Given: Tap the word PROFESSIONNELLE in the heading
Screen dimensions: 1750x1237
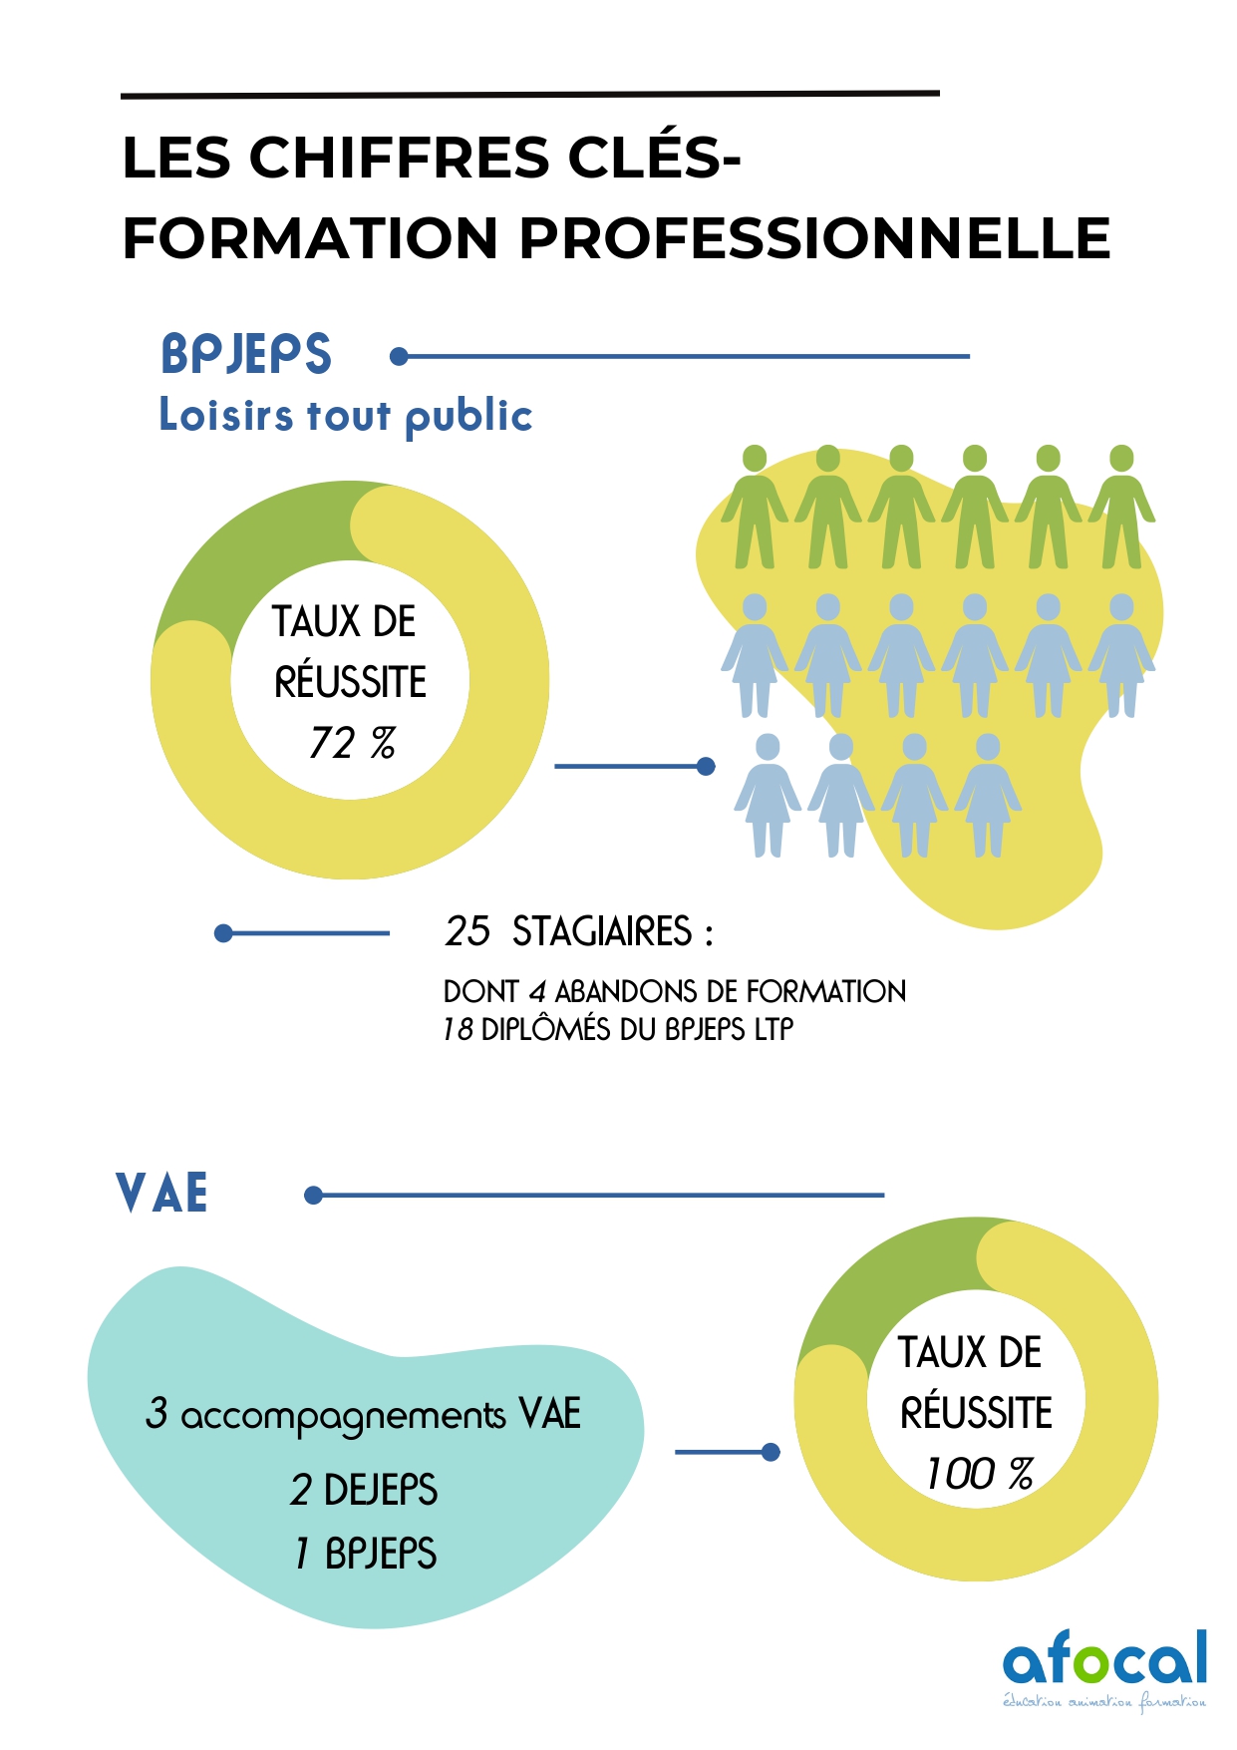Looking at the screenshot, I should (814, 239).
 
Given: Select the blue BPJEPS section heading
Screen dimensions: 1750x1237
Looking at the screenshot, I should (246, 355).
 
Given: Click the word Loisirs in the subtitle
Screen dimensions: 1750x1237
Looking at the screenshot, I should (226, 415).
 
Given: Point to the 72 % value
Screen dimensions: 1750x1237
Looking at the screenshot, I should (352, 743).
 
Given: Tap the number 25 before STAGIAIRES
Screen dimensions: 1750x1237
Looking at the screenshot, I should (467, 931).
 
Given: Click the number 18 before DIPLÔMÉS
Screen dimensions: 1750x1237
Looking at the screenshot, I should (458, 1029).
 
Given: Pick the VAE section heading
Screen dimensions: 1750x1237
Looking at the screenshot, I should (162, 1194).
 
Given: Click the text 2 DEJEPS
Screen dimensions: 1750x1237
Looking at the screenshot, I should (364, 1490).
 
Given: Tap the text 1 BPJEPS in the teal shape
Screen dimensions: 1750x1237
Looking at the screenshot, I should (366, 1554).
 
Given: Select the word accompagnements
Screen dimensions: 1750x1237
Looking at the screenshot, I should (343, 1416).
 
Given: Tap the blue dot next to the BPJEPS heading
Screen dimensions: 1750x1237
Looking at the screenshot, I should (400, 356).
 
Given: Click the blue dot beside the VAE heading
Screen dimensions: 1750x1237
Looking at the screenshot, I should (314, 1195).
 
